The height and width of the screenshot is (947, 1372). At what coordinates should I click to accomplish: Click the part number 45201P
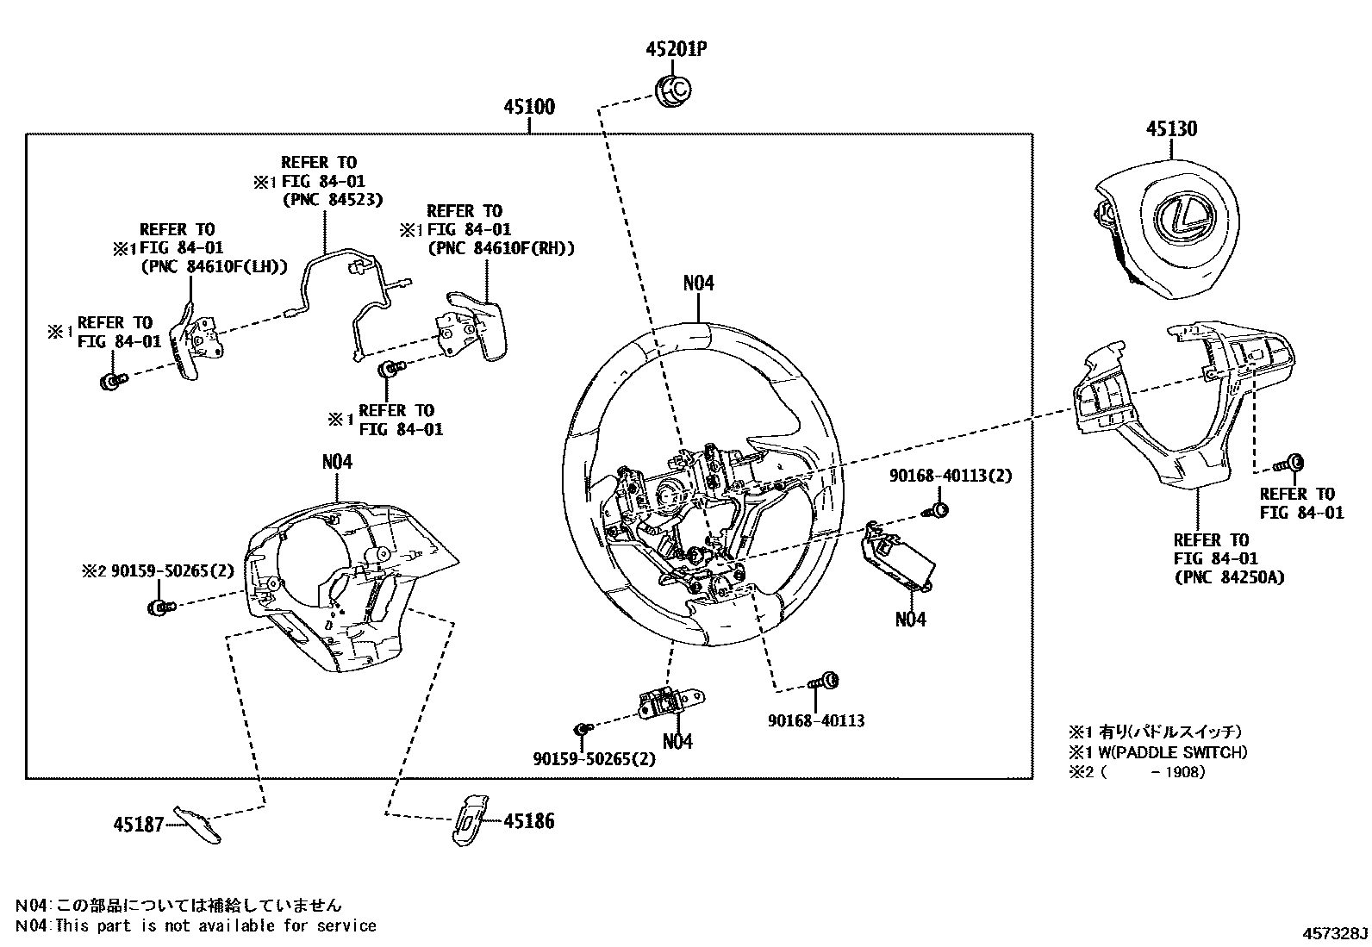click(x=677, y=49)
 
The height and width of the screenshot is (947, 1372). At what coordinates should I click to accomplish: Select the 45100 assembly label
click(x=529, y=108)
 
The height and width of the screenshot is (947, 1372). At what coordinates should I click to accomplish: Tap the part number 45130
click(x=1171, y=129)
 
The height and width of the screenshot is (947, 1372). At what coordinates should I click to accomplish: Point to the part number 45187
click(x=138, y=825)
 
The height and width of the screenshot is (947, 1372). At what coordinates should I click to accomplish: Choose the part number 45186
click(x=528, y=821)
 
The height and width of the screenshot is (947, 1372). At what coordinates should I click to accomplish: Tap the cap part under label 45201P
click(x=673, y=90)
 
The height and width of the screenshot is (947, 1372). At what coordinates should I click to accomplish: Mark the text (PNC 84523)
click(x=333, y=200)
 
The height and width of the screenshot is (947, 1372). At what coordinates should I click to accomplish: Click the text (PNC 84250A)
click(x=1229, y=577)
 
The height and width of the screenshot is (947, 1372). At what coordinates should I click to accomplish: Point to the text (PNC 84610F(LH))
click(x=214, y=267)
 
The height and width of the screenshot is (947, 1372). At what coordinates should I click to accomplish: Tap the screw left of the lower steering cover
click(x=159, y=608)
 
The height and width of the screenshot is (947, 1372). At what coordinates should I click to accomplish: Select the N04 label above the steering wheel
click(x=698, y=283)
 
